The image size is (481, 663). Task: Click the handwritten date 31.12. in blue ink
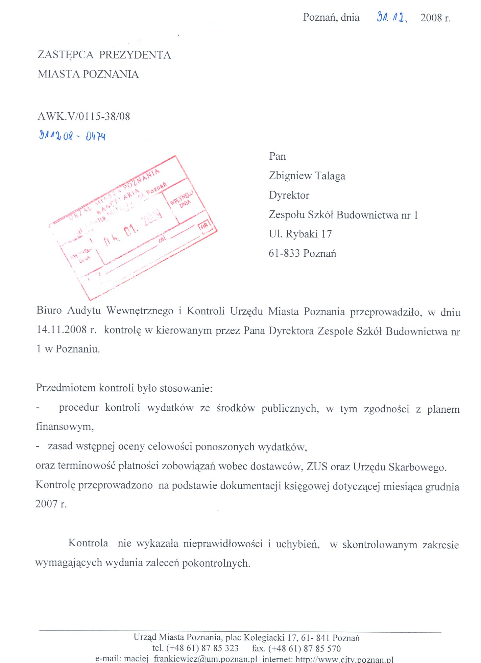392,17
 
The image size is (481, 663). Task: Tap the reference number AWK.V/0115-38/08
84,117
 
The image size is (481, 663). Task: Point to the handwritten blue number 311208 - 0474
72,136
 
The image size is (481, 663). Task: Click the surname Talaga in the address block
330,176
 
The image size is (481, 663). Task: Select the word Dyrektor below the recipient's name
289,196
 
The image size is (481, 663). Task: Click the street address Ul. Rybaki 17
300,234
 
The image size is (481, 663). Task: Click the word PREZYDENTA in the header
135,55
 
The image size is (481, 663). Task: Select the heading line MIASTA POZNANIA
88,74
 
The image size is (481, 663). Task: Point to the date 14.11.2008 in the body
62,330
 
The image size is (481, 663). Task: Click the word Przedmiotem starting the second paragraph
66,388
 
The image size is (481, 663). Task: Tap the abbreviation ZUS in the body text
317,467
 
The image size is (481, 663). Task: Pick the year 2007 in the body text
47,504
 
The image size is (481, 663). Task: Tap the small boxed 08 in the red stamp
204,226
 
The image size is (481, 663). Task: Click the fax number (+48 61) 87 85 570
305,648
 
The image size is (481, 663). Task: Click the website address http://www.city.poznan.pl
344,659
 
